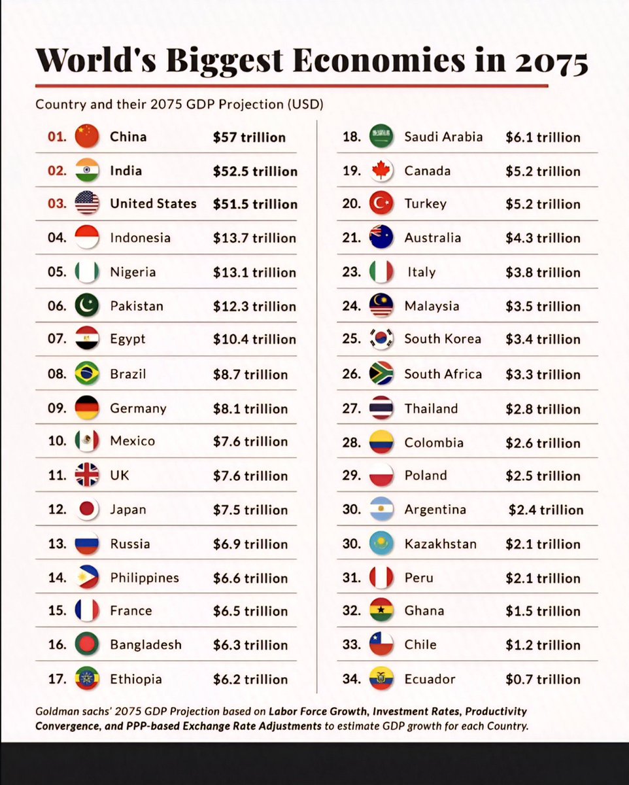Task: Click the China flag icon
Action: tap(87, 137)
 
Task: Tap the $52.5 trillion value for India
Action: tap(255, 171)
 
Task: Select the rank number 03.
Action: tap(58, 203)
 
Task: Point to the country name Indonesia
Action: tap(140, 237)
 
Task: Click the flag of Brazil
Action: tap(87, 374)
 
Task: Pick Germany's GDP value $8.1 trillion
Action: tap(250, 409)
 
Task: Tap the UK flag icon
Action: tap(87, 475)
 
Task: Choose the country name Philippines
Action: tap(144, 578)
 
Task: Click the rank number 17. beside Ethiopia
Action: tap(58, 678)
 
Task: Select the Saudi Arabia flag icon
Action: tap(381, 136)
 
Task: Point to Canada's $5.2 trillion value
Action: tap(543, 171)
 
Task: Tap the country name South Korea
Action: tap(443, 339)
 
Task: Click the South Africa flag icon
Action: tap(381, 374)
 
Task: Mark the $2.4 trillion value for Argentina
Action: tap(546, 510)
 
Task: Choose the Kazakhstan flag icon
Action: tap(381, 544)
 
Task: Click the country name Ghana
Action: tap(424, 610)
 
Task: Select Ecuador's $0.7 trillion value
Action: tap(543, 679)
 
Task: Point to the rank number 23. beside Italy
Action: tap(352, 271)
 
